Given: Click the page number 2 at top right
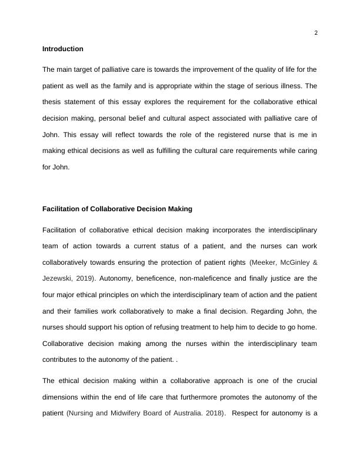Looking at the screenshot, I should (x=316, y=32).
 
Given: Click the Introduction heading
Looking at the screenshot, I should (x=63, y=49).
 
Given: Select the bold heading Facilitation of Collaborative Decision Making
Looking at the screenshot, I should (x=117, y=209).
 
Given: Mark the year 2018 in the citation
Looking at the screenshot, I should (x=212, y=413).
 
